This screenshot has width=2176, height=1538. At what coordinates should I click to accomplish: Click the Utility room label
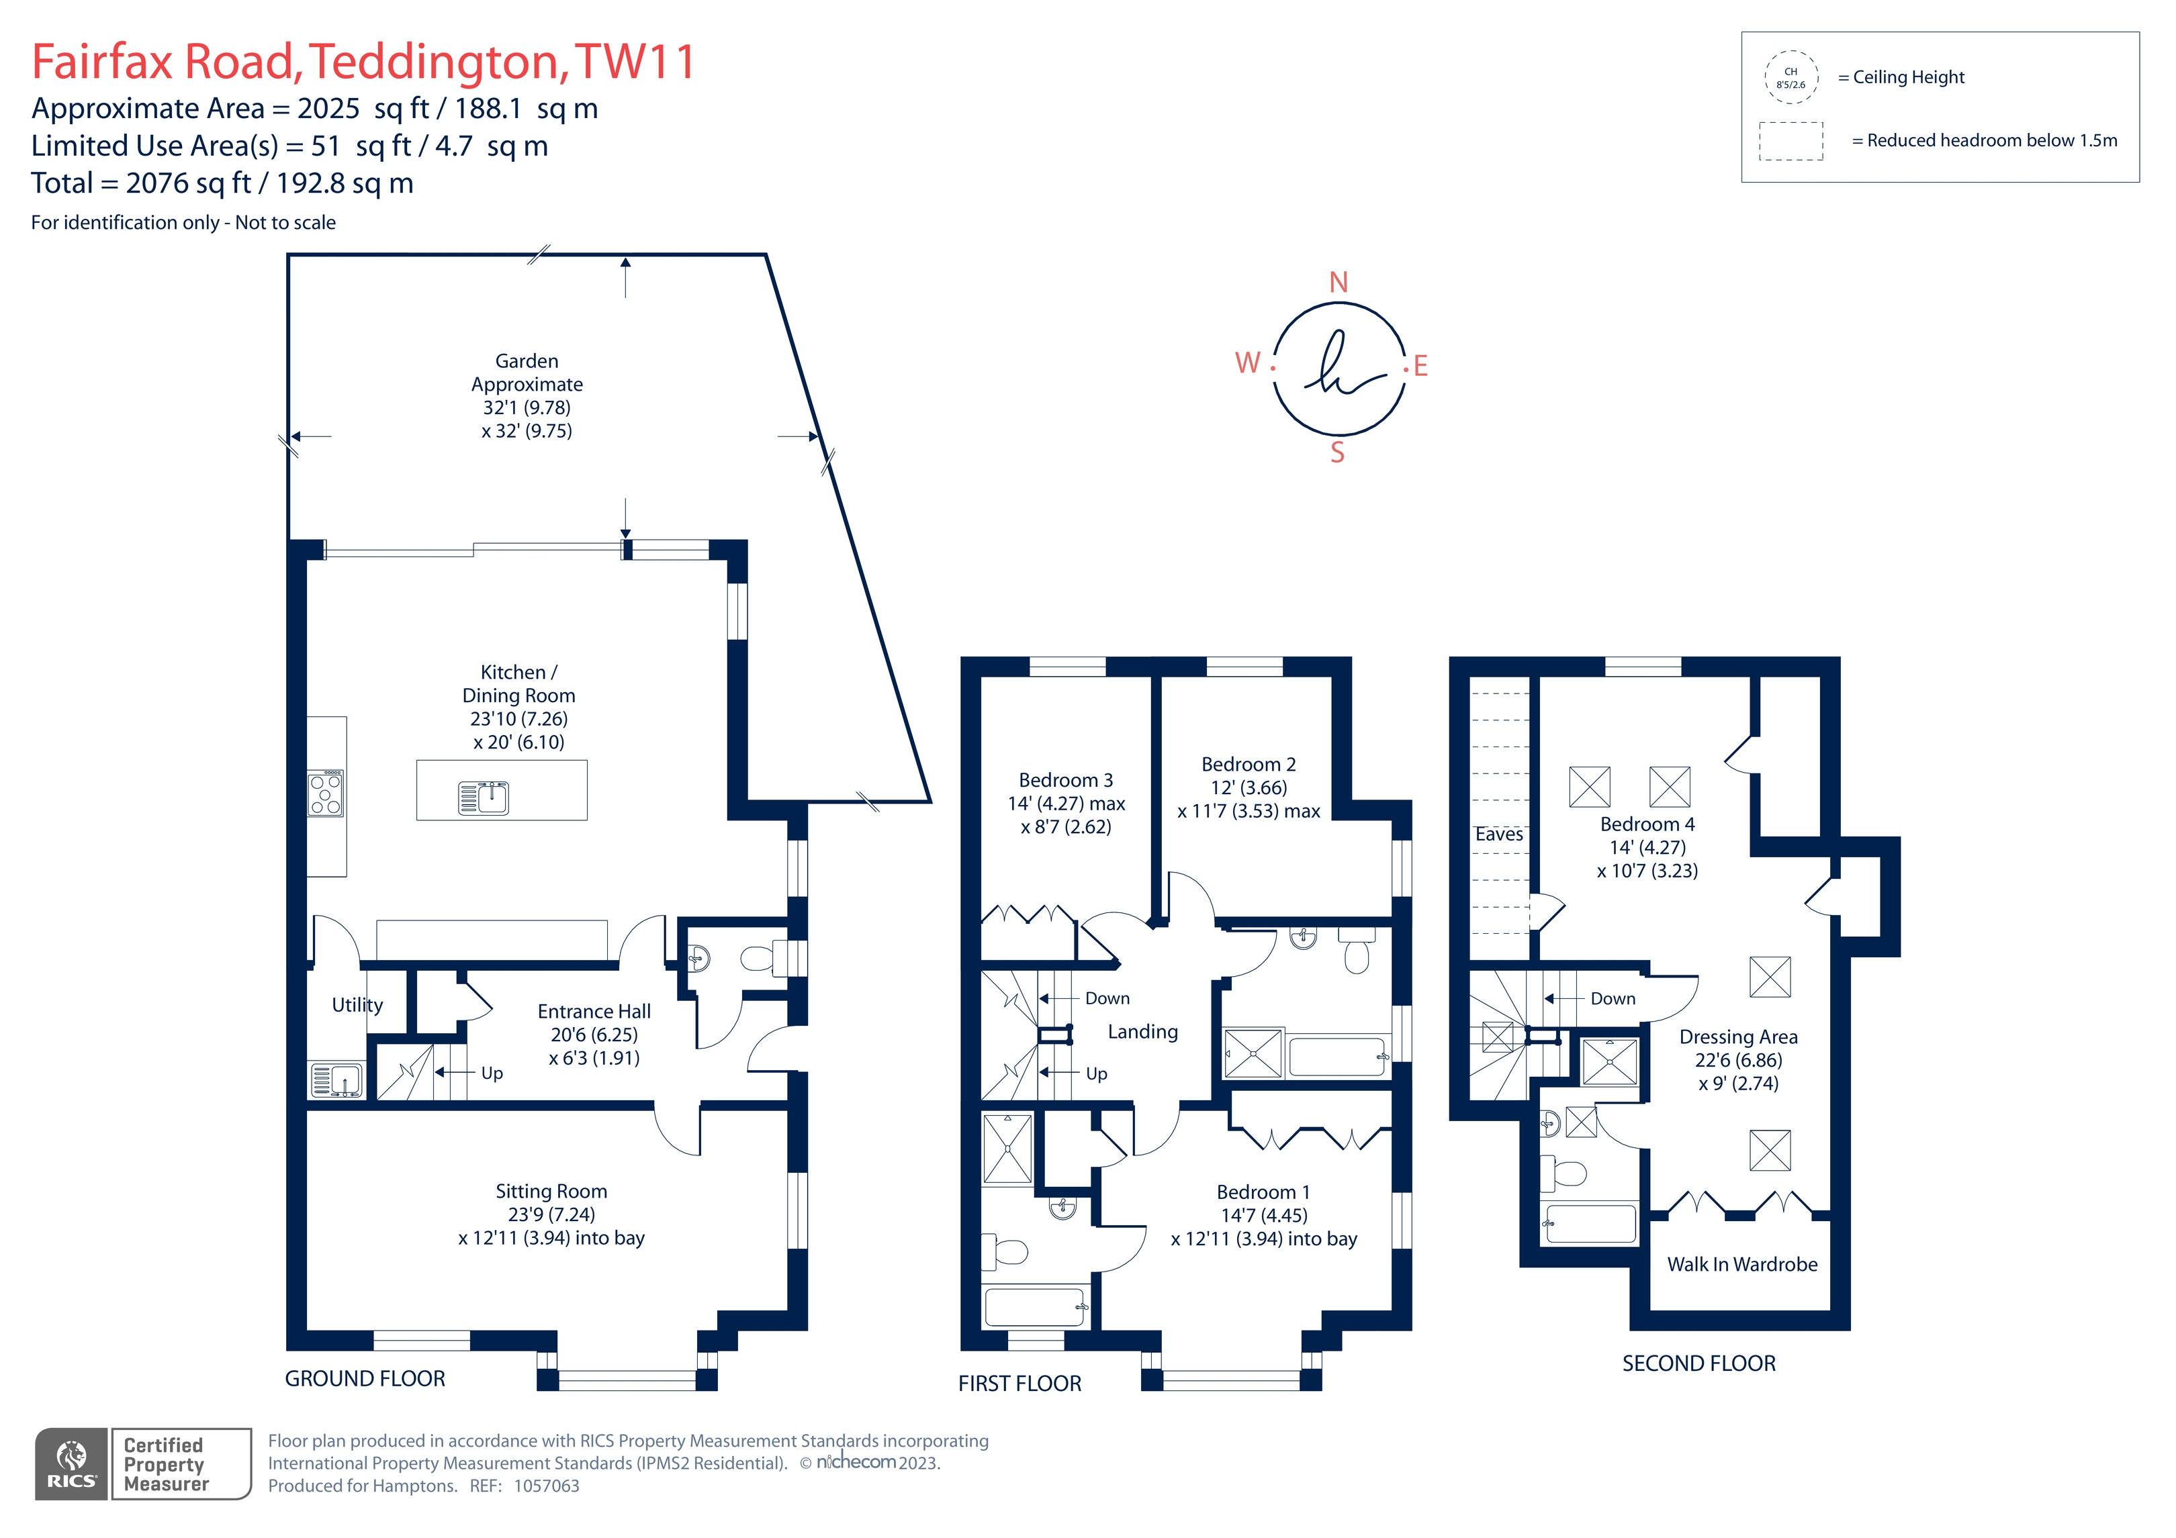click(357, 1006)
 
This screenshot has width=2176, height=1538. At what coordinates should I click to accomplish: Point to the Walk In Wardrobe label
click(1742, 1264)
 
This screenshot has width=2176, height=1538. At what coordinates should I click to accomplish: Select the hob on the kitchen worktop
click(326, 793)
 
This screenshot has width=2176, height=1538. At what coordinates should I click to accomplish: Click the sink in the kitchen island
click(484, 798)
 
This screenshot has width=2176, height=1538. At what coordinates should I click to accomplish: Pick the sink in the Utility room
click(336, 1079)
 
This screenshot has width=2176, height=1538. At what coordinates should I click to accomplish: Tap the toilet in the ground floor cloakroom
click(763, 959)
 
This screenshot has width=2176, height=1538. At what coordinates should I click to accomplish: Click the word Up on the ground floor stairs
click(492, 1073)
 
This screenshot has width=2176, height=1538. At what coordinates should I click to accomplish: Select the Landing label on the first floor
click(1143, 1032)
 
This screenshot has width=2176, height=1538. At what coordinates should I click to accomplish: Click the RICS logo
click(72, 1464)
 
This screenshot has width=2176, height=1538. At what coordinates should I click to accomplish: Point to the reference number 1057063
click(547, 1486)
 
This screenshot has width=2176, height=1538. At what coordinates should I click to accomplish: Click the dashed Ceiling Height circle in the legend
click(1791, 77)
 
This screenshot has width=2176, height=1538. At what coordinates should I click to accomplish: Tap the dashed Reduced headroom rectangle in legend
click(1791, 141)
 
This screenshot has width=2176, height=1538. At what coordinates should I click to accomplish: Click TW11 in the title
click(636, 62)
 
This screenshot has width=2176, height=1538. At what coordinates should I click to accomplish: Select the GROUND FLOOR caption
click(365, 1379)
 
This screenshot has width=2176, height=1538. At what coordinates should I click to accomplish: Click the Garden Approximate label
click(527, 373)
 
